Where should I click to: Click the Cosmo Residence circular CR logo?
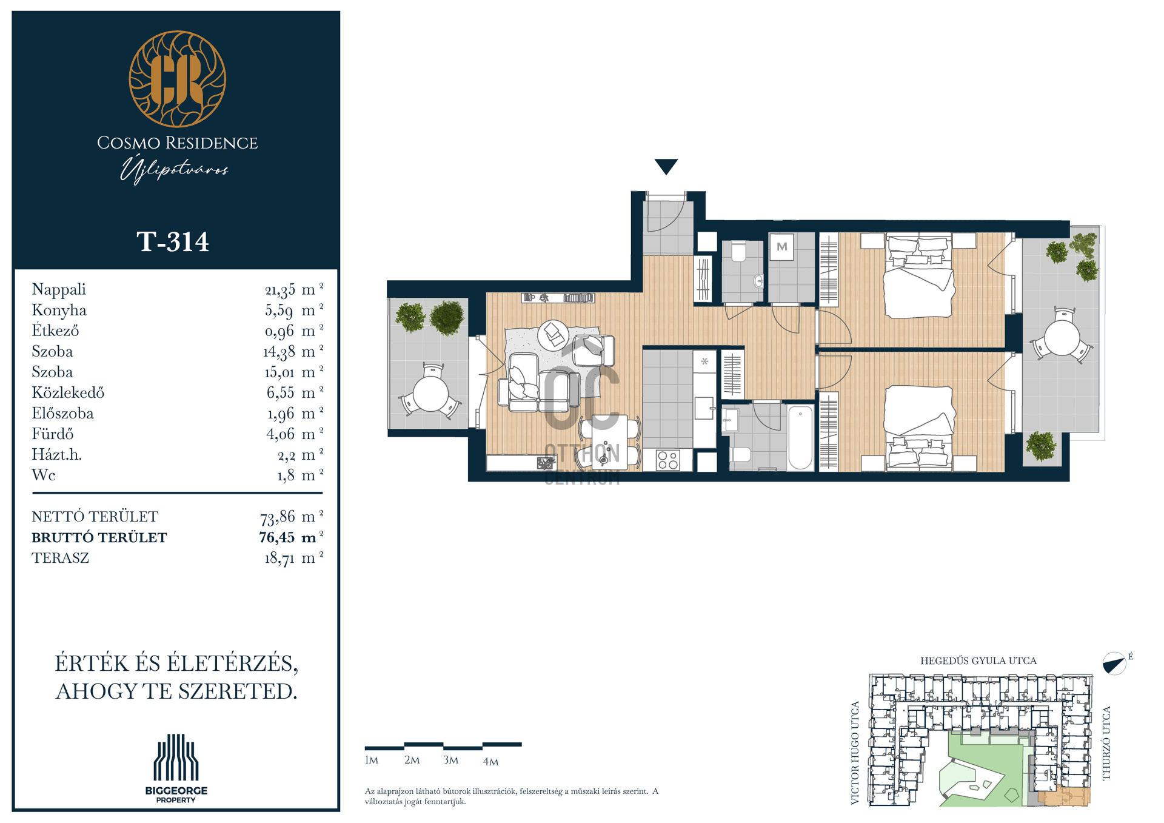click(x=177, y=79)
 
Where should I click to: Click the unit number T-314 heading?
click(x=173, y=241)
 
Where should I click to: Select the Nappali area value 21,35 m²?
click(x=294, y=290)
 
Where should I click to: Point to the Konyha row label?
click(x=59, y=310)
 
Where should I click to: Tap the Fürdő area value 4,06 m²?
click(x=295, y=434)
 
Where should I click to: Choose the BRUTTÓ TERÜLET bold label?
click(x=99, y=537)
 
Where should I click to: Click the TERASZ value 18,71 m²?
click(x=293, y=558)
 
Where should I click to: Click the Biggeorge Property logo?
click(x=176, y=768)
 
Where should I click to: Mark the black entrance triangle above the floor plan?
click(x=666, y=166)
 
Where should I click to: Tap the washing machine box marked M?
click(x=782, y=247)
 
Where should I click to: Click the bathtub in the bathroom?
click(x=800, y=437)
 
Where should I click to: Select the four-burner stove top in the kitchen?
click(x=667, y=460)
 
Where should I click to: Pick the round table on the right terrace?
click(x=1062, y=338)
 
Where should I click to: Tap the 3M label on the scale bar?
click(x=450, y=760)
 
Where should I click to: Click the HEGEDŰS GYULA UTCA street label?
click(x=978, y=660)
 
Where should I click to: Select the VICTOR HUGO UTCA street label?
click(x=855, y=753)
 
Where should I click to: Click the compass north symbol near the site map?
click(x=1114, y=663)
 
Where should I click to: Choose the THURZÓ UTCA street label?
click(x=1106, y=744)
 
